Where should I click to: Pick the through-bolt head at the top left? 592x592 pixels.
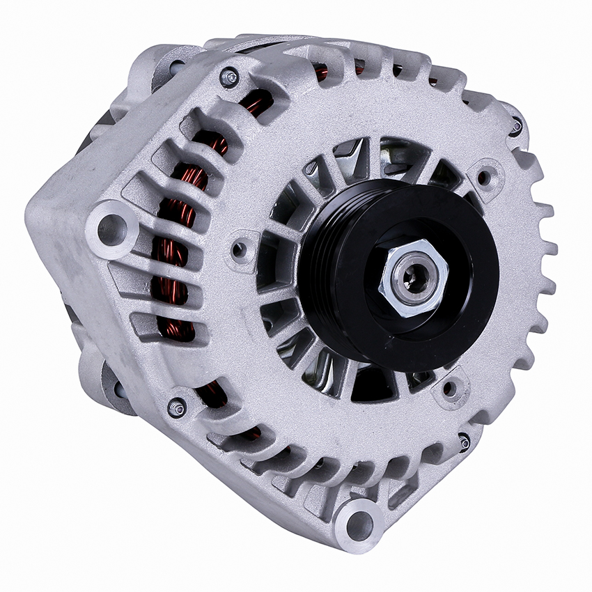tap(228, 77)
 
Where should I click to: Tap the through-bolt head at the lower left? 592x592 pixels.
tap(177, 407)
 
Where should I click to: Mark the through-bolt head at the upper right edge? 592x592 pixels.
tap(515, 126)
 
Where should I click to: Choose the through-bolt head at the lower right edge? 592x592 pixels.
tap(464, 442)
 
